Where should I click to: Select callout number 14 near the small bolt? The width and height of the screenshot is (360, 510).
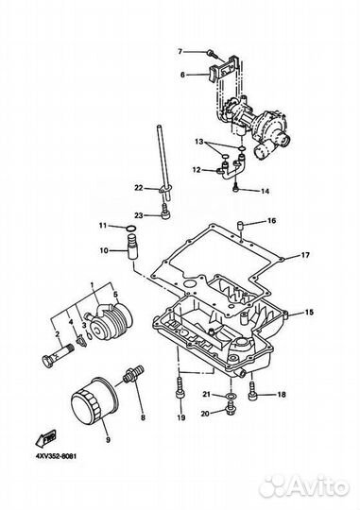pyautogui.click(x=265, y=191)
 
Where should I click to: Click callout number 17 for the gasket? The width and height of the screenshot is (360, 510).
pyautogui.click(x=305, y=255)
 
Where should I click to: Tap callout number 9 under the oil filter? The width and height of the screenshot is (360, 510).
pyautogui.click(x=106, y=438)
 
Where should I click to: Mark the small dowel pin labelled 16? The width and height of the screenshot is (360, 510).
pyautogui.click(x=241, y=225)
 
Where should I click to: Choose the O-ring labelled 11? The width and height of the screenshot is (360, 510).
pyautogui.click(x=131, y=227)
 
